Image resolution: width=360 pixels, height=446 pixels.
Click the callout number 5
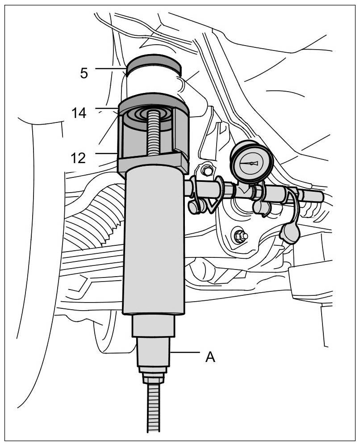[84, 73]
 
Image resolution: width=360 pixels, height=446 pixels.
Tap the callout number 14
[79, 113]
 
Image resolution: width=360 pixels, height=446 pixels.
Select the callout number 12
[78, 158]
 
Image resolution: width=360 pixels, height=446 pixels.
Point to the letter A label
[210, 357]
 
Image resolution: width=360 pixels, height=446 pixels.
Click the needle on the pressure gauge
[250, 163]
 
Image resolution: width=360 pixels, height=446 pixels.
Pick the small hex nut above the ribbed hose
[153, 379]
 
